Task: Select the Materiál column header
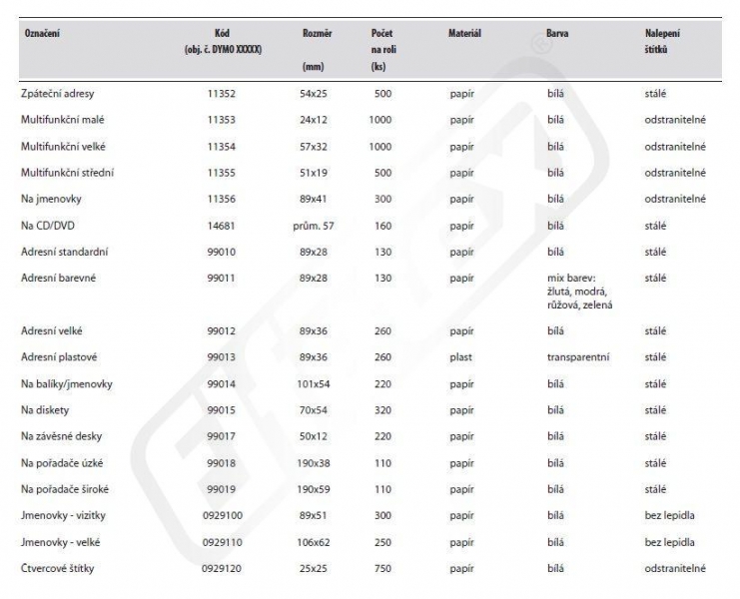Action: [x=464, y=34]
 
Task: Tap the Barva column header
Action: [x=558, y=34]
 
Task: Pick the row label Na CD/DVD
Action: [x=50, y=227]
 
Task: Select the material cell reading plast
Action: [x=460, y=356]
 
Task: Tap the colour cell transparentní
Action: [x=578, y=356]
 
